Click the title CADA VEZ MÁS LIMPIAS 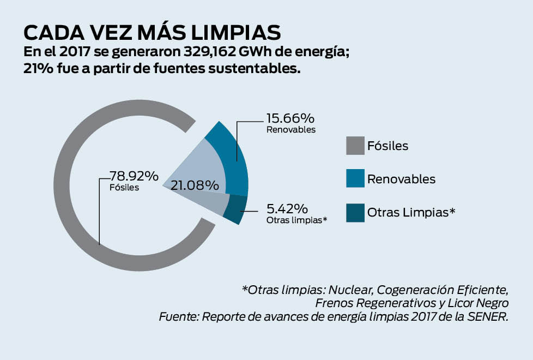(x=152, y=33)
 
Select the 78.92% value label (x=134, y=176)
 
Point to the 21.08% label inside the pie (x=195, y=185)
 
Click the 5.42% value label (x=287, y=209)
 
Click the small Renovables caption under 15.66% (x=291, y=130)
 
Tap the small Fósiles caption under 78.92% (x=124, y=188)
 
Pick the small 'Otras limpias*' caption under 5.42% (x=296, y=221)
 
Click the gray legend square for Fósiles (x=355, y=146)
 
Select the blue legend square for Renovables (x=355, y=179)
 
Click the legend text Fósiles (x=387, y=146)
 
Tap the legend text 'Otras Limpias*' (x=411, y=213)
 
